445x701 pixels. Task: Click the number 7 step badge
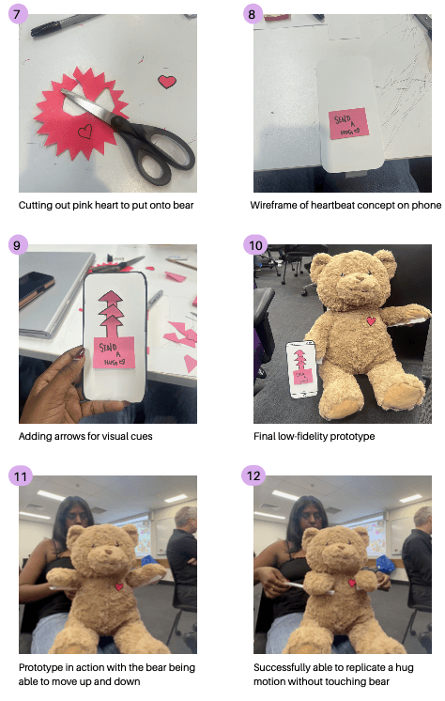(18, 14)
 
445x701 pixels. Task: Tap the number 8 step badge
(253, 14)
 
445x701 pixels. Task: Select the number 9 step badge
(18, 245)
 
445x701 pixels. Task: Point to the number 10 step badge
(255, 245)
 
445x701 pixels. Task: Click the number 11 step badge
(21, 475)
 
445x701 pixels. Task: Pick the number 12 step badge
(253, 475)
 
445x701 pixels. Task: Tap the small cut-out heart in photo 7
(167, 82)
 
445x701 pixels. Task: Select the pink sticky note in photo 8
(348, 123)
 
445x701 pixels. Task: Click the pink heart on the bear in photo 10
(371, 320)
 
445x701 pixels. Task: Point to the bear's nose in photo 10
(360, 279)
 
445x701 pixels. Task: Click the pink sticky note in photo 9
(114, 352)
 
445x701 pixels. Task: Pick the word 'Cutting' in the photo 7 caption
(34, 206)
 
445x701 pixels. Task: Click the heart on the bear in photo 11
(119, 586)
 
